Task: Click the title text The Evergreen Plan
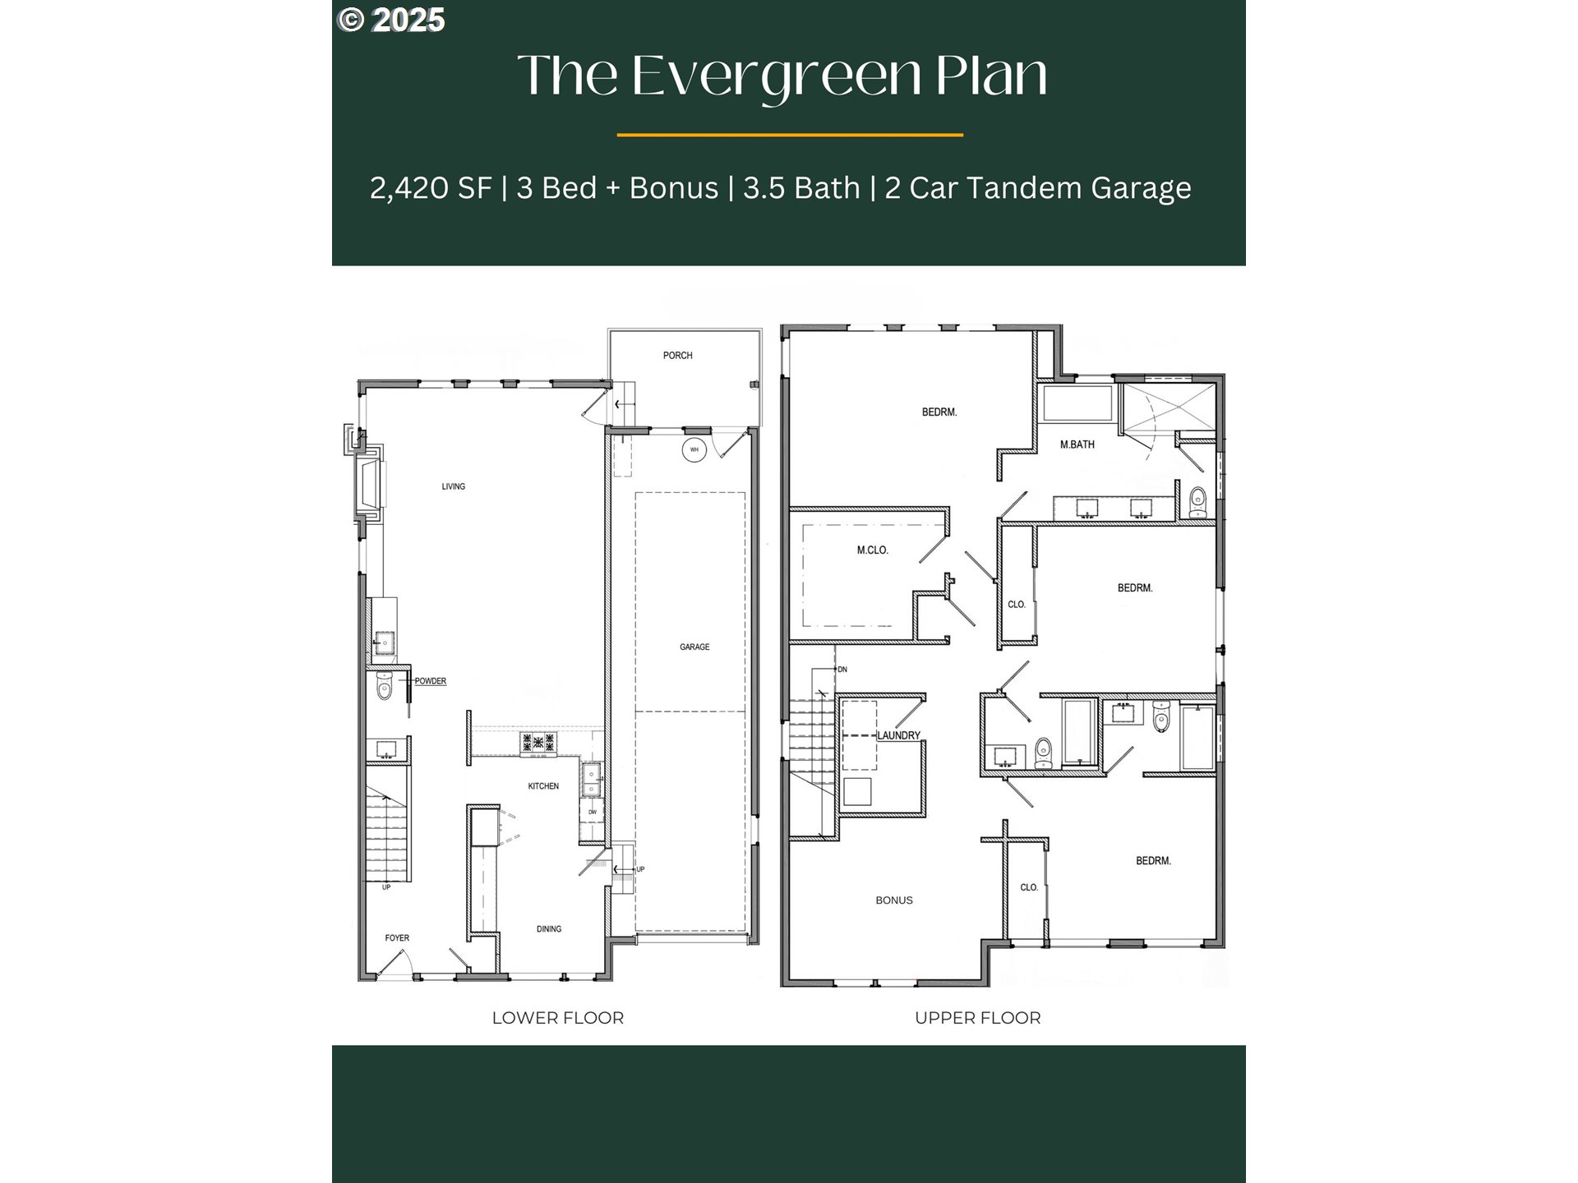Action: point(782,76)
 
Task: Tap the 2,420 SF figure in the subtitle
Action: point(430,188)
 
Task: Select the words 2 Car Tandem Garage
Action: point(1037,188)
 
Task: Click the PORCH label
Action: point(677,356)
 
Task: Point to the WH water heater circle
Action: point(694,449)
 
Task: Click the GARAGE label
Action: point(694,647)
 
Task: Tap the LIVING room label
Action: point(453,486)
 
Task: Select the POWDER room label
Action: point(430,681)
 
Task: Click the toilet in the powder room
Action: point(384,687)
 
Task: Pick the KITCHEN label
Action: point(542,786)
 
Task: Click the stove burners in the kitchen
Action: point(538,743)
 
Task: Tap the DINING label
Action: point(549,929)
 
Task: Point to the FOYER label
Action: point(397,938)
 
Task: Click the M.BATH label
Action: point(1077,444)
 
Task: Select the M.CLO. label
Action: point(872,550)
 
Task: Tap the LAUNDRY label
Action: point(898,735)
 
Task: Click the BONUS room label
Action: point(893,900)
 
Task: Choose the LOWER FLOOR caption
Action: point(557,1018)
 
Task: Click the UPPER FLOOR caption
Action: point(977,1018)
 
